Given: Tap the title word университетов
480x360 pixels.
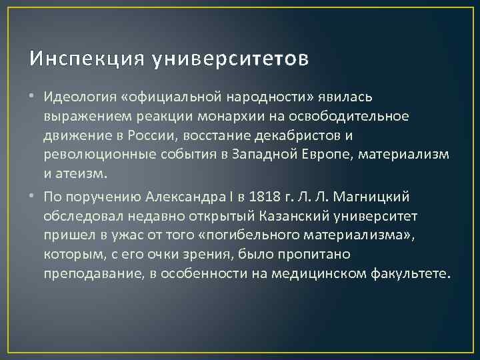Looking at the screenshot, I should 231,59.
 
